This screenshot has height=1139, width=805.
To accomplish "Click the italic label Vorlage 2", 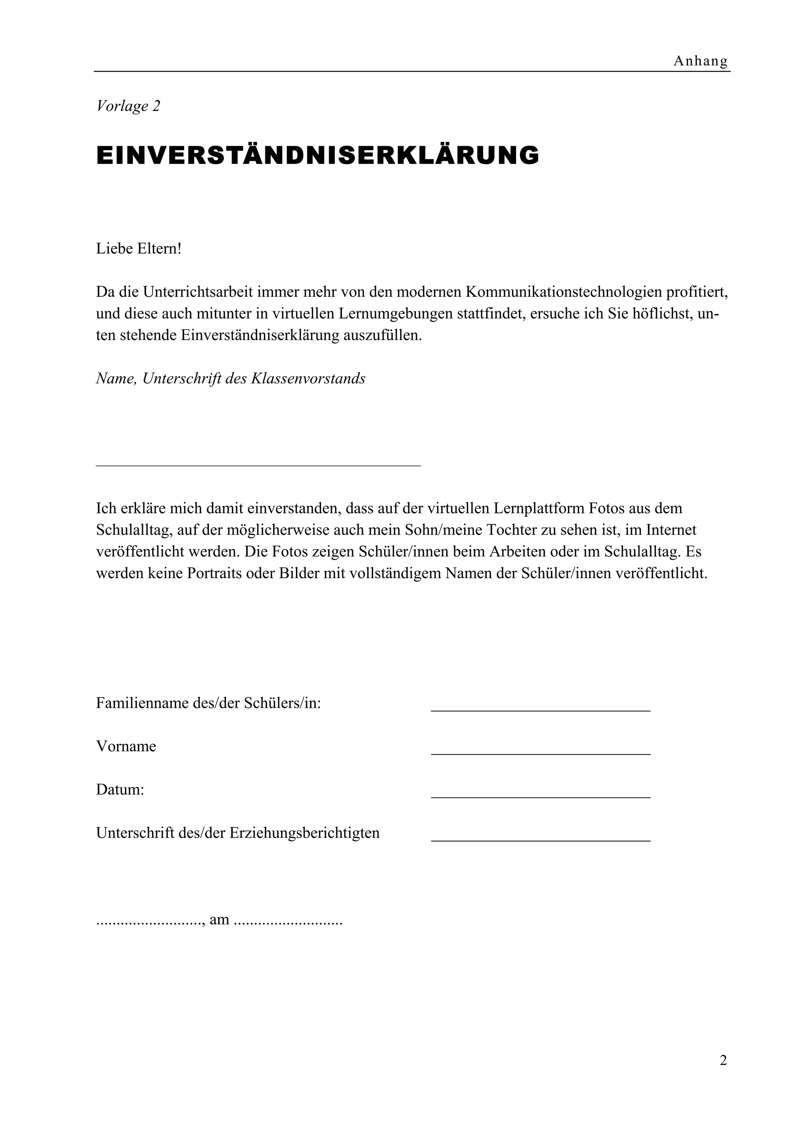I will pyautogui.click(x=128, y=106).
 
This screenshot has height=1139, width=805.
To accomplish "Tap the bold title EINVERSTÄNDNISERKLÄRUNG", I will pyautogui.click(x=318, y=155).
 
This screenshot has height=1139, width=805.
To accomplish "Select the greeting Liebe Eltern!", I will pyautogui.click(x=139, y=248).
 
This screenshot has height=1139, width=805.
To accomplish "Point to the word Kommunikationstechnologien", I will pyautogui.click(x=563, y=292).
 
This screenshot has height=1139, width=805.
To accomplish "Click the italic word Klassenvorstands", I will pyautogui.click(x=308, y=378).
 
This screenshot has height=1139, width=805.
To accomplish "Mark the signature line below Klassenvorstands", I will pyautogui.click(x=258, y=465).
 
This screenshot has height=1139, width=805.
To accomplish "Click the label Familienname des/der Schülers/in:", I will pyautogui.click(x=208, y=704).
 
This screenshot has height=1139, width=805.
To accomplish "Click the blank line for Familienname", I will pyautogui.click(x=540, y=710).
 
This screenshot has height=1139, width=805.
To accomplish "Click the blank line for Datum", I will pyautogui.click(x=540, y=797).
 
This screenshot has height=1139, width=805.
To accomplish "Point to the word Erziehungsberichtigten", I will pyautogui.click(x=304, y=833).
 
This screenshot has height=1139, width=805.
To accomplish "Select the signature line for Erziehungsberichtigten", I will pyautogui.click(x=540, y=840).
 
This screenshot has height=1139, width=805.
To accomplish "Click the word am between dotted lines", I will pyautogui.click(x=219, y=920).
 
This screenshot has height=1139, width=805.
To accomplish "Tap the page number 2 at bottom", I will pyautogui.click(x=723, y=1061).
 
